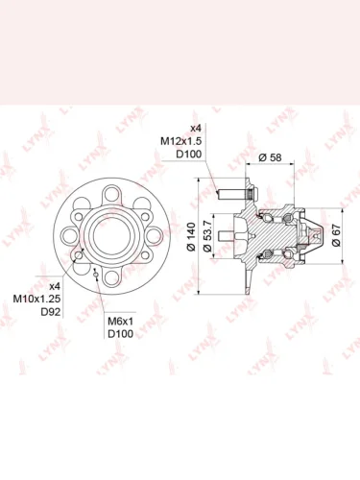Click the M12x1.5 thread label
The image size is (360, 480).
tap(180, 141)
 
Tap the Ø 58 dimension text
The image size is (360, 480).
tap(270, 157)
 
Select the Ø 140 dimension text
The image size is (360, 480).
tap(191, 237)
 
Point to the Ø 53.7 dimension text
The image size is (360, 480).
tap(207, 236)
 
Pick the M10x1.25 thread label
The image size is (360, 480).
tap(36, 299)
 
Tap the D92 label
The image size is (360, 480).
tap(51, 312)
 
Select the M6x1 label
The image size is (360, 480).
tap(120, 321)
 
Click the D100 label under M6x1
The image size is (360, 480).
tap(120, 334)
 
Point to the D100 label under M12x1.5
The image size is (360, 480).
tap(189, 155)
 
